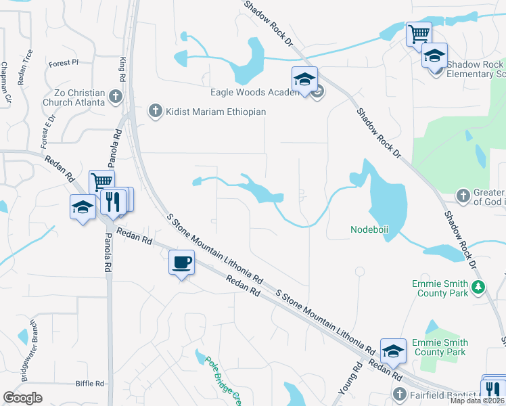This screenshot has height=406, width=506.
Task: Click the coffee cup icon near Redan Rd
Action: (181, 262)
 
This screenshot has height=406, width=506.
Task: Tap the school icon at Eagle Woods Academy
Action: (304, 79)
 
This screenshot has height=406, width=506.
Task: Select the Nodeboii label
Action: (369, 229)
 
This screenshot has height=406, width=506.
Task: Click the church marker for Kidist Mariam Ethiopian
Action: (155, 111)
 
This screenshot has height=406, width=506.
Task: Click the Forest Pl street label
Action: (64, 63)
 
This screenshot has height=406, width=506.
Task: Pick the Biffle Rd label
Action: (90, 383)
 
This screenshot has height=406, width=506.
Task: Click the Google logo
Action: (22, 398)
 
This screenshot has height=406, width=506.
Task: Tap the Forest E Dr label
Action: (48, 131)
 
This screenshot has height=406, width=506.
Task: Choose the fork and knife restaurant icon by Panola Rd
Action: (113, 202)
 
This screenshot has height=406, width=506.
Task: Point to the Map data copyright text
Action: (478, 401)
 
